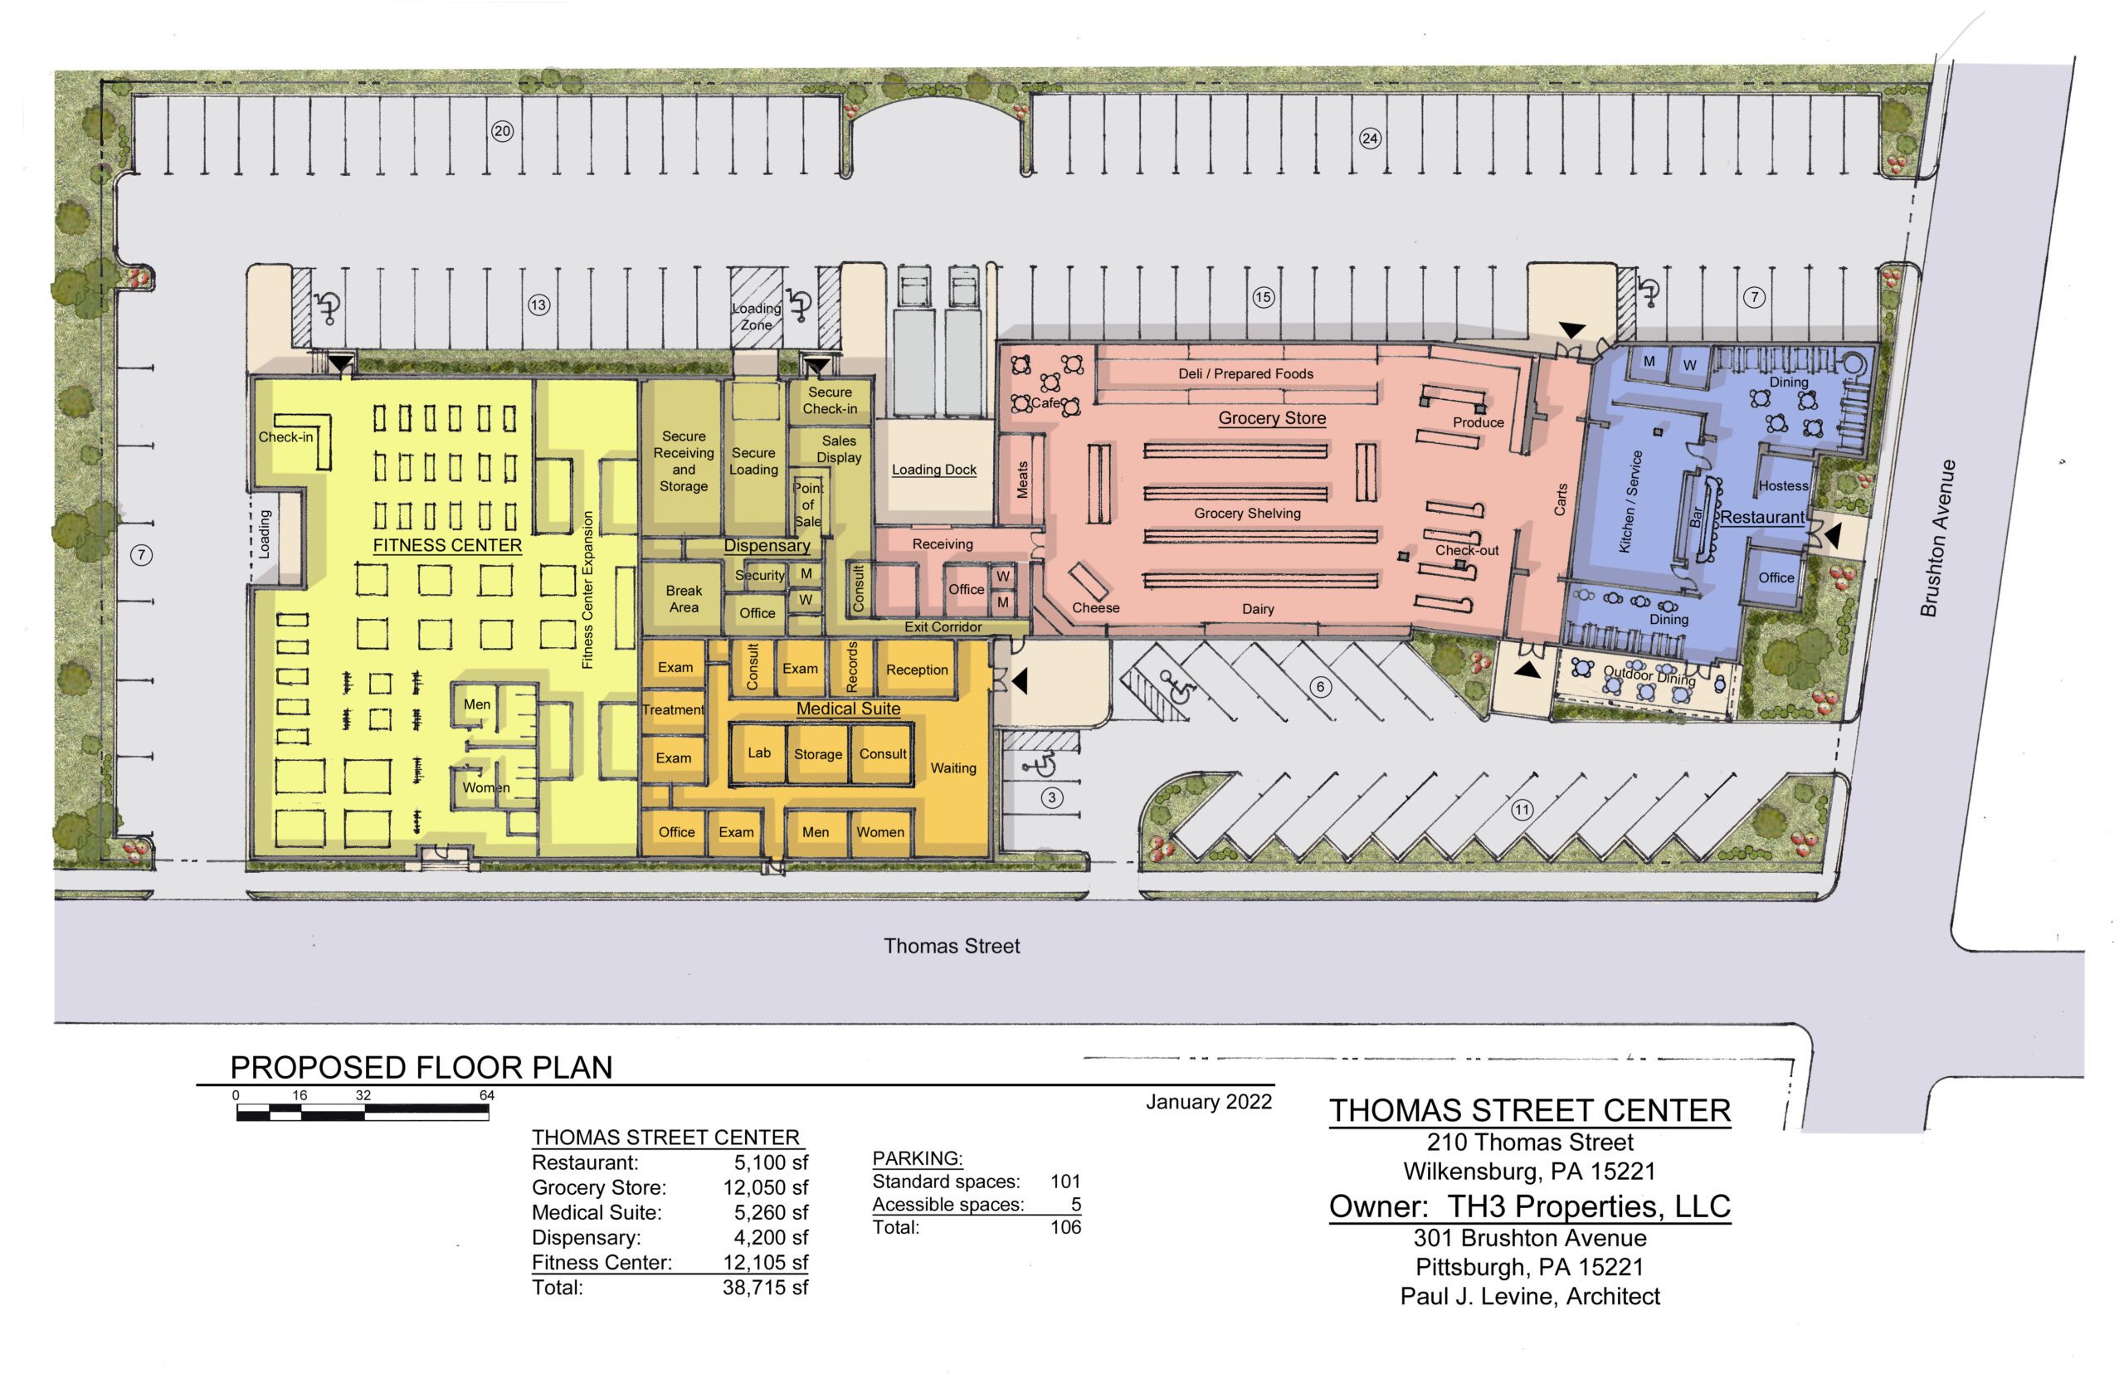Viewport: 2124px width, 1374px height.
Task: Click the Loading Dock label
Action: (x=933, y=470)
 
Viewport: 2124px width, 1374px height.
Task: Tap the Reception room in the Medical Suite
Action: (x=916, y=669)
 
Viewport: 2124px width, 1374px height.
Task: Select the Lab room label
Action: (x=758, y=752)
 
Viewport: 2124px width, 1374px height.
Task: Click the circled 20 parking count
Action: (x=502, y=131)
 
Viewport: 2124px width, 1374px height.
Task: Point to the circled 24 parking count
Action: (x=1369, y=138)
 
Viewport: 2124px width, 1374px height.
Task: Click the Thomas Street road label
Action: (x=951, y=946)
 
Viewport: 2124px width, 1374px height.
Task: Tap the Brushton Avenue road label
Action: (x=1937, y=538)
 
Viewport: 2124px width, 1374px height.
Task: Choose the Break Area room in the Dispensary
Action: (x=684, y=599)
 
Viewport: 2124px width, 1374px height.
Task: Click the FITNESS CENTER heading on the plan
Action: (x=447, y=545)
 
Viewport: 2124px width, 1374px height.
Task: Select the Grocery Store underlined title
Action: (x=1271, y=417)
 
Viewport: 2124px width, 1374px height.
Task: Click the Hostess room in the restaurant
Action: (x=1782, y=485)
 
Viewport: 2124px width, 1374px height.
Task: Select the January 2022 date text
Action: (x=1208, y=1102)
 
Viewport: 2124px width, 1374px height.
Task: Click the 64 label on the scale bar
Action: (x=486, y=1094)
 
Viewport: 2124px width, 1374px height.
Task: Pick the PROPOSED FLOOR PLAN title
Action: (x=421, y=1067)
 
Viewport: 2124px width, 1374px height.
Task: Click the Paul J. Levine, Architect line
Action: (x=1529, y=1296)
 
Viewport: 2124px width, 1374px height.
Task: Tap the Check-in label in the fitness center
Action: (x=285, y=437)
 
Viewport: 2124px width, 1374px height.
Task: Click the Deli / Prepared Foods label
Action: (x=1245, y=374)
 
